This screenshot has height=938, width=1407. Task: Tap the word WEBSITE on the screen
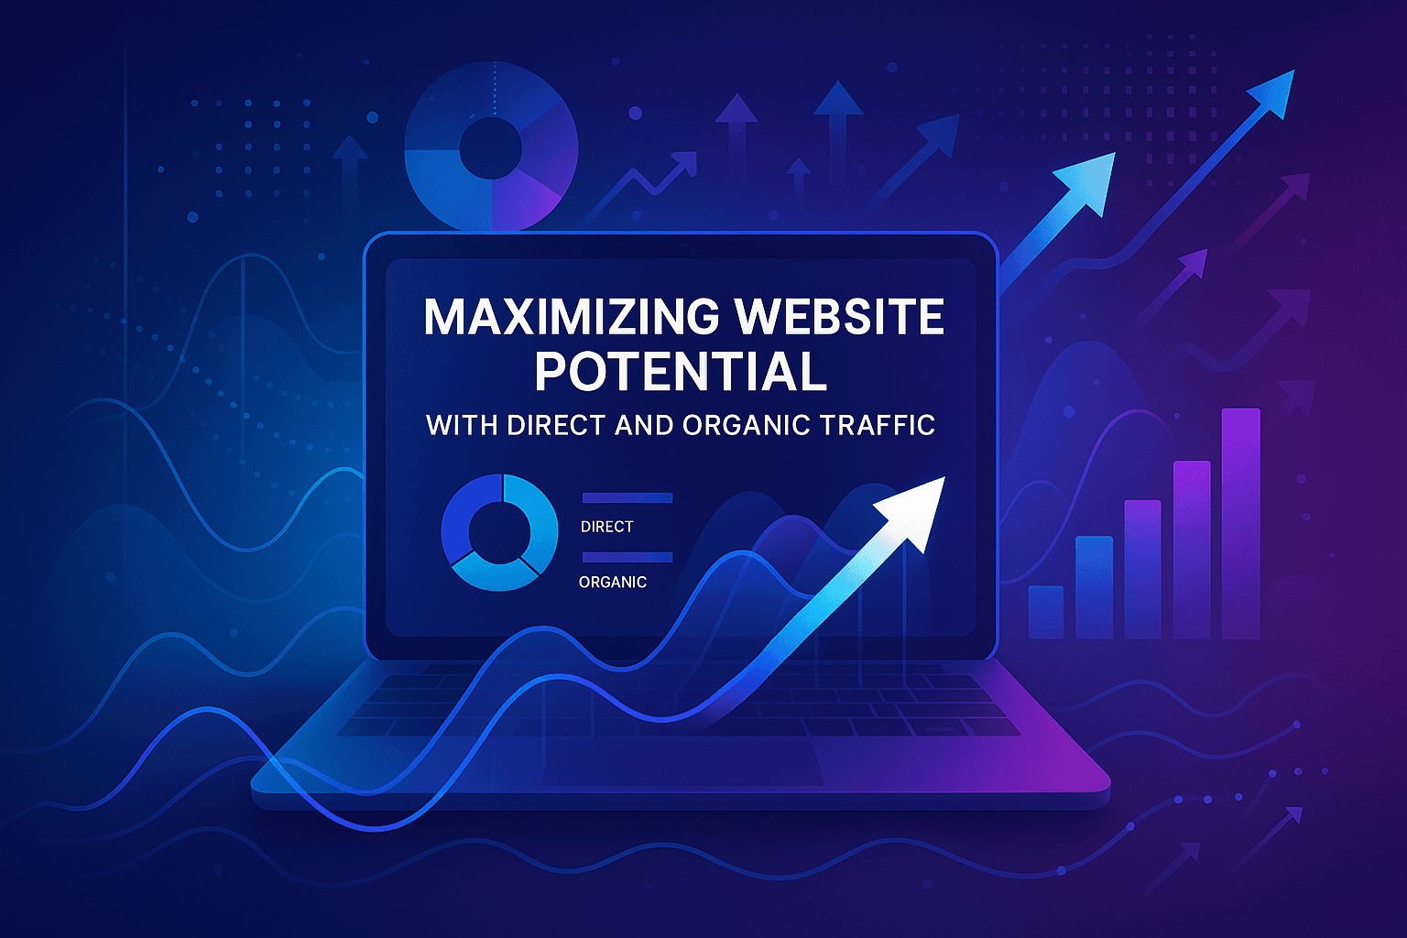(x=840, y=317)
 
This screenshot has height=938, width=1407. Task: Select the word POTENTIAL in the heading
(x=681, y=372)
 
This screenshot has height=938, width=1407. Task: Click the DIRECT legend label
(x=606, y=527)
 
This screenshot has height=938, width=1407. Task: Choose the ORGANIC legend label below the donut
(x=613, y=582)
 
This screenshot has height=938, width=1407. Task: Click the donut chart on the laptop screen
(x=499, y=531)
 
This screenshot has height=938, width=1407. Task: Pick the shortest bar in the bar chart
(x=1046, y=612)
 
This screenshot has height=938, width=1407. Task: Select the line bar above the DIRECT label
(x=627, y=498)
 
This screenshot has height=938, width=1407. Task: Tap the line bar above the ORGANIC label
(x=627, y=557)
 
